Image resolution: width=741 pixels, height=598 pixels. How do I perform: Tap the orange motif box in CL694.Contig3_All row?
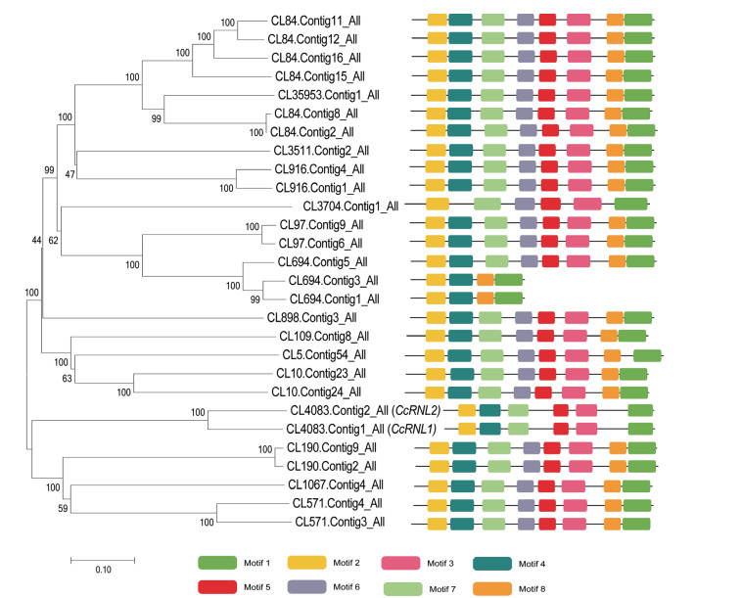coord(485,280)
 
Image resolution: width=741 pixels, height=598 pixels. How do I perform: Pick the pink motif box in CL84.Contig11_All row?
coord(579,20)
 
